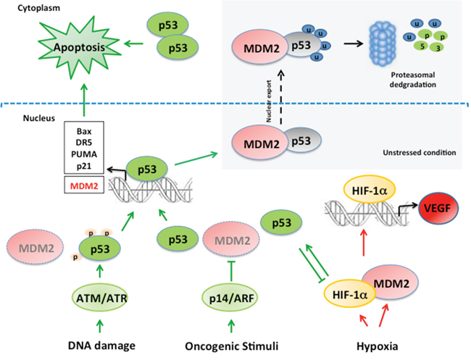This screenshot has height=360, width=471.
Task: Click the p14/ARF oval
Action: point(229,297)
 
